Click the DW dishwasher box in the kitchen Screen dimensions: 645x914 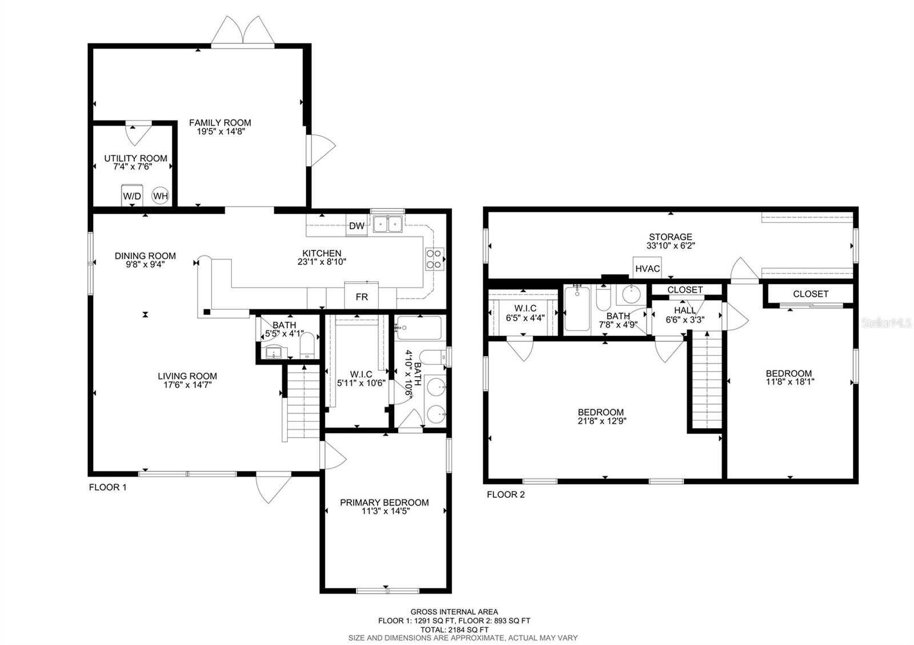pos(356,226)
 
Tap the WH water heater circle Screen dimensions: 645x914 pos(161,196)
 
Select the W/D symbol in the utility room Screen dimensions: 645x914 pos(132,195)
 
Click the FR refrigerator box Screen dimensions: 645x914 pos(362,296)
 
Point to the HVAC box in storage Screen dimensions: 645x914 pos(647,268)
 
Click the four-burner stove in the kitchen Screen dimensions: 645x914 pos(434,258)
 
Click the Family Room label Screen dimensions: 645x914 pos(220,123)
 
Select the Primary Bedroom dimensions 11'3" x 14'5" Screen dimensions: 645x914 pos(384,511)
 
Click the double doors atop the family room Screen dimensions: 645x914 pos(243,31)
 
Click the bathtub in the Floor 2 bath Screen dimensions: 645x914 pos(578,309)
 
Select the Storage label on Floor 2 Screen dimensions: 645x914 pos(670,237)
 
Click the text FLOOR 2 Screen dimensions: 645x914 pos(505,495)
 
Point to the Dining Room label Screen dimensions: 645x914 pos(145,256)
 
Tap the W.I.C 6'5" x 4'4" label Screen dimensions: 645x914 pos(525,312)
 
